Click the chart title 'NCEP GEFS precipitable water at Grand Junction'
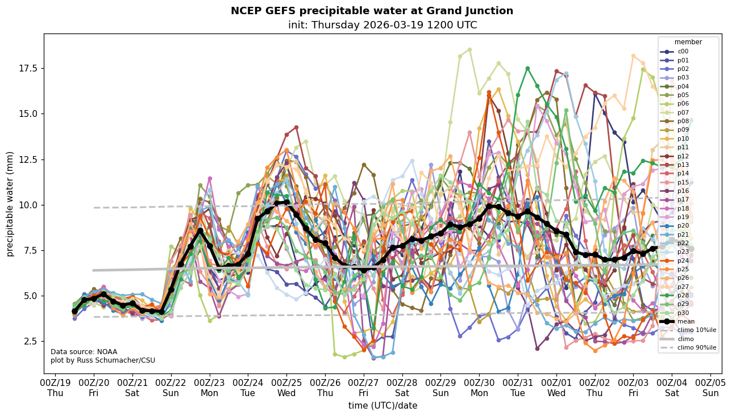coord(372,11)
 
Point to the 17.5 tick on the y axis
coord(26,68)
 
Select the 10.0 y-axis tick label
coord(26,205)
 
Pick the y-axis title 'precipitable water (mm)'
coord(10,204)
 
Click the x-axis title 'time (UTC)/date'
coord(382,405)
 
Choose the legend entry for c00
coord(683,52)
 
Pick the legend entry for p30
coord(683,312)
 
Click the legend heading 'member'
coord(688,42)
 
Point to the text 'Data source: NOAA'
coord(84,352)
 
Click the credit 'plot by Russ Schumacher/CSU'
coord(103,360)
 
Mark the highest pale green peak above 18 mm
coord(469,49)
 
